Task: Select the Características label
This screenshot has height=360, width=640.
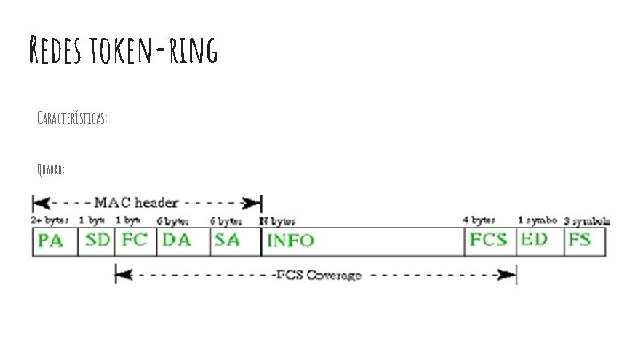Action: click(73, 118)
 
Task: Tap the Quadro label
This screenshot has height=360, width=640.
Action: click(52, 169)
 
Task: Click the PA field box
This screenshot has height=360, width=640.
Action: click(54, 241)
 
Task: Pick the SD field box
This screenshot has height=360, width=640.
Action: click(96, 241)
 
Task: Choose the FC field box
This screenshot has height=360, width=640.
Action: click(135, 241)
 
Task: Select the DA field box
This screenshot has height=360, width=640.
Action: click(183, 241)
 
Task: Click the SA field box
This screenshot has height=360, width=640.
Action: click(236, 241)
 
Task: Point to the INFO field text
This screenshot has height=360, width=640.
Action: click(291, 241)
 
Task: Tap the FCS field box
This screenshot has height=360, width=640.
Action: click(490, 241)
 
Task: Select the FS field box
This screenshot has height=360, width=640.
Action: click(581, 241)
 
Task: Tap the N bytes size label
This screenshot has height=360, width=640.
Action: click(277, 220)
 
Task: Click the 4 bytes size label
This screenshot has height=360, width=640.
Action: click(478, 220)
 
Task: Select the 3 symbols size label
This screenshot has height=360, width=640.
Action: click(586, 220)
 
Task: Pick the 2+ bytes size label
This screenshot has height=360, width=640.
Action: click(51, 220)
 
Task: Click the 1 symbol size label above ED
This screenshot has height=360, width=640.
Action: click(538, 220)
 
